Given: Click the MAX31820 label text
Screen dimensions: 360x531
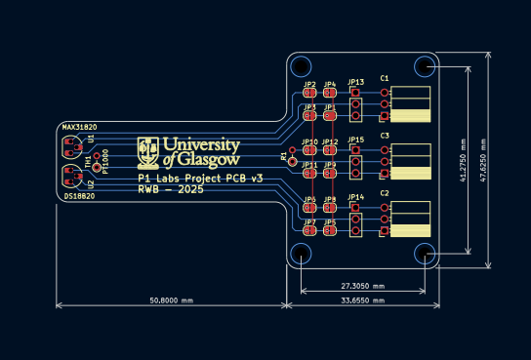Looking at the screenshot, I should click(x=79, y=128).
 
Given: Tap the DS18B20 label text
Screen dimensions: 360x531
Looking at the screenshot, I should click(x=79, y=196).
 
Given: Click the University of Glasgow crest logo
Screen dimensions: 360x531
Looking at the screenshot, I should click(x=148, y=150).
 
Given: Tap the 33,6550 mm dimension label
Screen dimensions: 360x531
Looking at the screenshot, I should click(x=362, y=301).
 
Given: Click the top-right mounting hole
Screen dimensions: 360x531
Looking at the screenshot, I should click(x=425, y=66).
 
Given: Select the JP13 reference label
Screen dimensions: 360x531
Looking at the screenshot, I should click(x=356, y=82).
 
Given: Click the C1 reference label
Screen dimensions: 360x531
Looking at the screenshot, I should click(x=385, y=78).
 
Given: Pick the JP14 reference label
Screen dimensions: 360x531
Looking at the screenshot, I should click(x=356, y=198).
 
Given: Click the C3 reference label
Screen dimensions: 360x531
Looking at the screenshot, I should click(x=385, y=136).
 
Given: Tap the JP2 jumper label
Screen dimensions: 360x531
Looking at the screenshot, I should click(x=309, y=85).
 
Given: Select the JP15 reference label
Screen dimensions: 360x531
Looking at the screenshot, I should click(x=356, y=140).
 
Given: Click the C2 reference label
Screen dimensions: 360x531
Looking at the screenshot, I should click(x=385, y=194).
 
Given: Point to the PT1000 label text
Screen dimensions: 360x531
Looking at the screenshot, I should click(x=105, y=161).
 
